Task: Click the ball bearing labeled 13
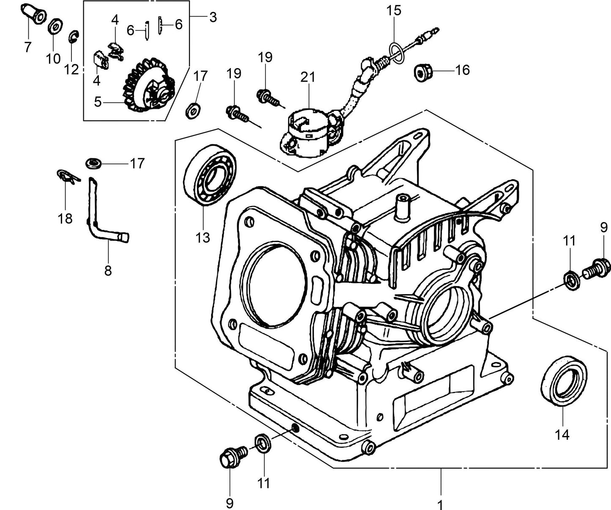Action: [x=210, y=175]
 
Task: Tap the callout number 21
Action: [x=308, y=77]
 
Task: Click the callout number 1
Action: [x=440, y=504]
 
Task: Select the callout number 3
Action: [x=213, y=17]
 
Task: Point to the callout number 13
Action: [x=203, y=237]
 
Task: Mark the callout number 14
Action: [x=562, y=434]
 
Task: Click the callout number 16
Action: [x=463, y=70]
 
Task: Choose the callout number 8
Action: [x=108, y=270]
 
